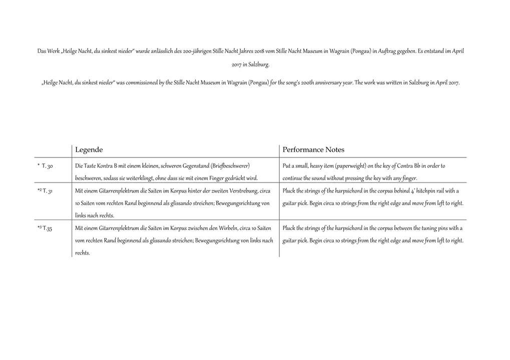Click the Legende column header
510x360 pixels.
[x=89, y=150]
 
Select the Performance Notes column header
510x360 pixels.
[x=313, y=150]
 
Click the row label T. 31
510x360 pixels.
[x=49, y=191]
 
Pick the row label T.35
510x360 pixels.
[x=48, y=228]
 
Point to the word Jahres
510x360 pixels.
[x=242, y=51]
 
